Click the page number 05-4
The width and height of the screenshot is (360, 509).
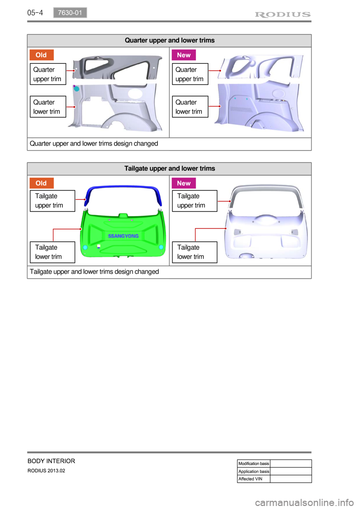pyautogui.click(x=35, y=13)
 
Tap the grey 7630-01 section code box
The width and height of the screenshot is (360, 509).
pyautogui.click(x=70, y=13)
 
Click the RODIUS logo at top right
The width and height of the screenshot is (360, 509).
pyautogui.click(x=283, y=15)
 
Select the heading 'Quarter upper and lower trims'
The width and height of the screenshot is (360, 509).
pyautogui.click(x=169, y=40)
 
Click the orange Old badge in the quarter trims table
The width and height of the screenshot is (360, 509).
pyautogui.click(x=41, y=55)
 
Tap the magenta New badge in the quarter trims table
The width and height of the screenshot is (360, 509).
pyautogui.click(x=184, y=55)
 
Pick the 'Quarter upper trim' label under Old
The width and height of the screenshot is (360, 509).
pyautogui.click(x=48, y=74)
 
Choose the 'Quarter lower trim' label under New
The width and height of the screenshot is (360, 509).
pyautogui.click(x=190, y=107)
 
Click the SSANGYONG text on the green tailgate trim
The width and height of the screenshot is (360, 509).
pyautogui.click(x=123, y=236)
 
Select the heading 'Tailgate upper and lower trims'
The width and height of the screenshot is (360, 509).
pyautogui.click(x=169, y=169)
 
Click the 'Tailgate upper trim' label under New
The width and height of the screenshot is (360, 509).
pyautogui.click(x=194, y=201)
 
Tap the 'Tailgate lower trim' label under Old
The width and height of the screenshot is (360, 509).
pyautogui.click(x=52, y=252)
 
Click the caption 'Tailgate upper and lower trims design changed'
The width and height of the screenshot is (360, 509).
pyautogui.click(x=94, y=272)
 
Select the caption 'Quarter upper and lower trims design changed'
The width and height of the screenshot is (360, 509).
pyautogui.click(x=94, y=144)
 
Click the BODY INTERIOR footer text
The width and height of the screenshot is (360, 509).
pyautogui.click(x=51, y=461)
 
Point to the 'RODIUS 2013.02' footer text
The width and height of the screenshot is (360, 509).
pyautogui.click(x=46, y=471)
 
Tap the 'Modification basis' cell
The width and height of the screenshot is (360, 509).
pyautogui.click(x=253, y=464)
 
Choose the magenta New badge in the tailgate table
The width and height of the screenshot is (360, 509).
pyautogui.click(x=184, y=183)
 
